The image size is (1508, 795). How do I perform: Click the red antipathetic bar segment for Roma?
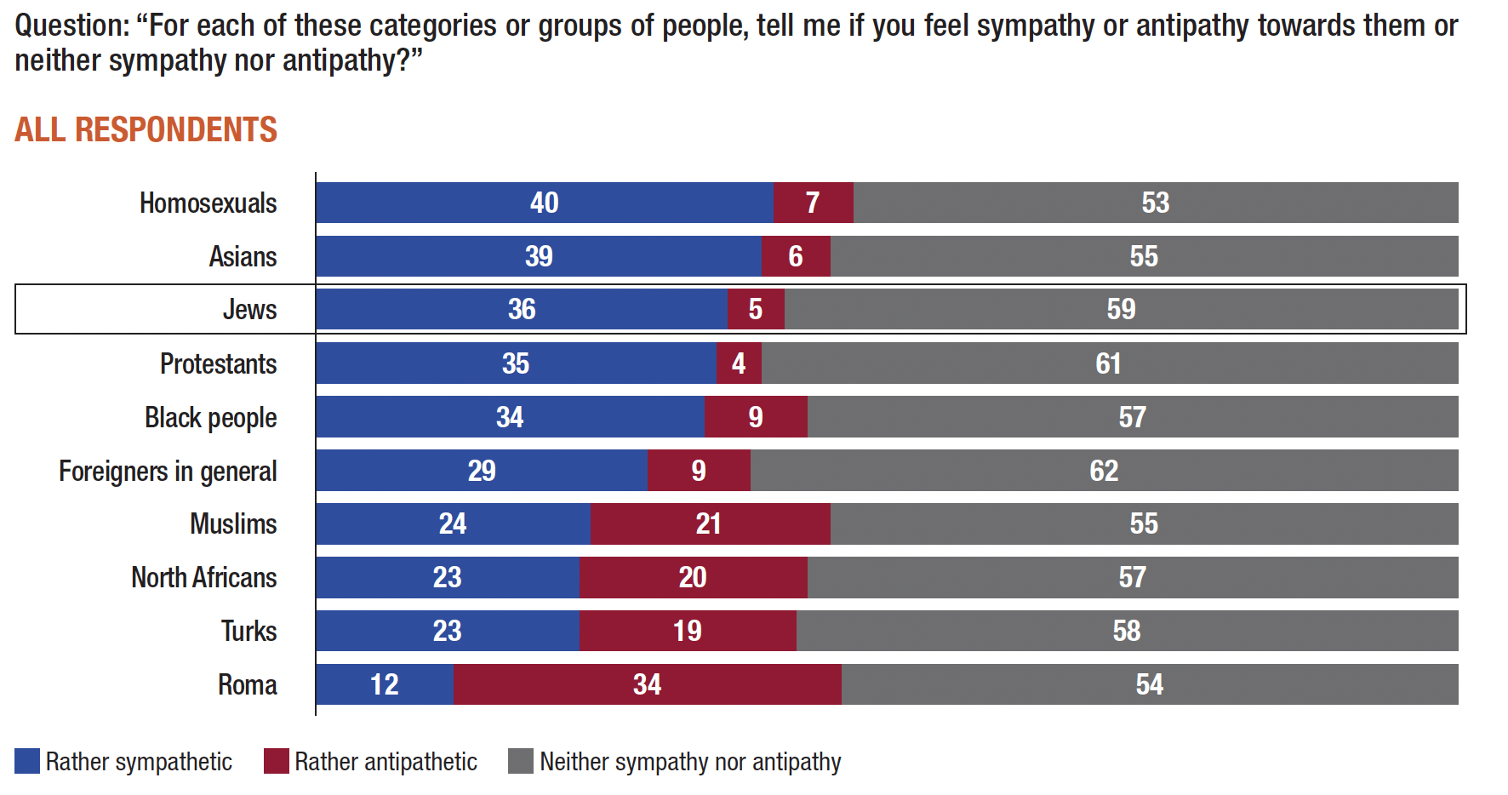[648, 684]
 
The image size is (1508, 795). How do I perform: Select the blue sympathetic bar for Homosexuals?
[545, 203]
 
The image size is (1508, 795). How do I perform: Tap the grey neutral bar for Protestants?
[1109, 363]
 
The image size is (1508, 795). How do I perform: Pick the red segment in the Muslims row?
[709, 523]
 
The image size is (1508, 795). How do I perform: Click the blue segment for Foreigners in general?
[482, 471]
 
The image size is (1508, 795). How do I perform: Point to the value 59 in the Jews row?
[1121, 309]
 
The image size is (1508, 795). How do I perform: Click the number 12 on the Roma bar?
[385, 684]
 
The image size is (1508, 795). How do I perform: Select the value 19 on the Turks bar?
[687, 631]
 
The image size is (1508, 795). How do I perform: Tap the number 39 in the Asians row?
[539, 256]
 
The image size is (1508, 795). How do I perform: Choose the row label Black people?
[210, 418]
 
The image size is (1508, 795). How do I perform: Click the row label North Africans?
[204, 578]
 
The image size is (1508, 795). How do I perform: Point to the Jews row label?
[249, 309]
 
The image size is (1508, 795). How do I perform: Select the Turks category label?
[248, 632]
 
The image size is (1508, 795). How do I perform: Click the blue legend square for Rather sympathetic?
[27, 761]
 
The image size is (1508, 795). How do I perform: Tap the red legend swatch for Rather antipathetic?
[277, 761]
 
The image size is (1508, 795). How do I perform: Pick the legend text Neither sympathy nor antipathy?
[690, 762]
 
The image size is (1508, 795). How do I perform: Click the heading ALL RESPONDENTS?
[146, 130]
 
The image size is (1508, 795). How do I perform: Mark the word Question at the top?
[69, 26]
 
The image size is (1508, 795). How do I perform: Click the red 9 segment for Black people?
[756, 417]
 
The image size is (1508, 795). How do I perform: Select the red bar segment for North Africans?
[693, 577]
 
